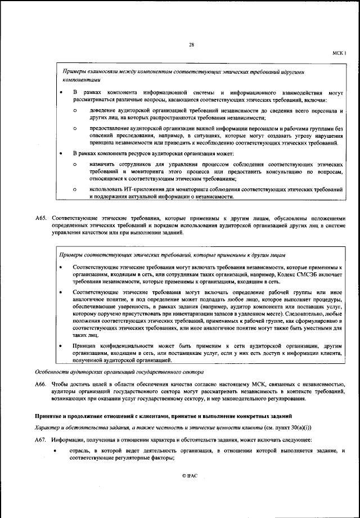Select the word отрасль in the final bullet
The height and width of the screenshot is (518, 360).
click(x=80, y=451)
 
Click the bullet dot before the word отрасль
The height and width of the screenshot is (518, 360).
click(x=55, y=452)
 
